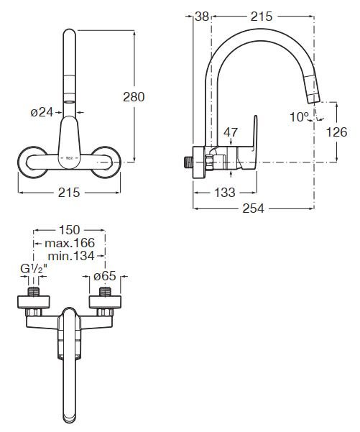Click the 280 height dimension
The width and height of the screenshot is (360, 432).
[x=134, y=97]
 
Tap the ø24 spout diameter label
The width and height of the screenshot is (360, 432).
[x=42, y=112]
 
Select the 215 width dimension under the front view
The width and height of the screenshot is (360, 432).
[x=69, y=193]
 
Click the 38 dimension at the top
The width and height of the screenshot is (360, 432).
[x=202, y=17]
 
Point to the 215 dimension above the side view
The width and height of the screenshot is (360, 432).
[x=262, y=17]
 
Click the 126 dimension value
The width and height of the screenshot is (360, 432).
[x=336, y=132]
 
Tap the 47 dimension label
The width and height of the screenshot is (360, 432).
[x=230, y=132]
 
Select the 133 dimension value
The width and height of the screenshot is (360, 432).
[x=225, y=193]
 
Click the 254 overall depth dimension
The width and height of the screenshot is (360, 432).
[x=253, y=208]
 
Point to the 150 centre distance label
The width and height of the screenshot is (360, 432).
[x=70, y=230]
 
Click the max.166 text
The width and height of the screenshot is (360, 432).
[x=70, y=243]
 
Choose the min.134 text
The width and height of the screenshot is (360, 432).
[x=71, y=256]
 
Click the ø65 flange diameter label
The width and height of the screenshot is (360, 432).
[x=105, y=276]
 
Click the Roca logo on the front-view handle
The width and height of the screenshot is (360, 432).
[x=70, y=158]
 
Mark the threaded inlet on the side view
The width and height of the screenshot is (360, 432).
[x=188, y=162]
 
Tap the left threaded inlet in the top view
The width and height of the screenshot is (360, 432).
[x=34, y=292]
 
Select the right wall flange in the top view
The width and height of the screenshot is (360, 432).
[x=105, y=302]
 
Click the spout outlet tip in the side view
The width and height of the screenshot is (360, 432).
[x=313, y=101]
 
